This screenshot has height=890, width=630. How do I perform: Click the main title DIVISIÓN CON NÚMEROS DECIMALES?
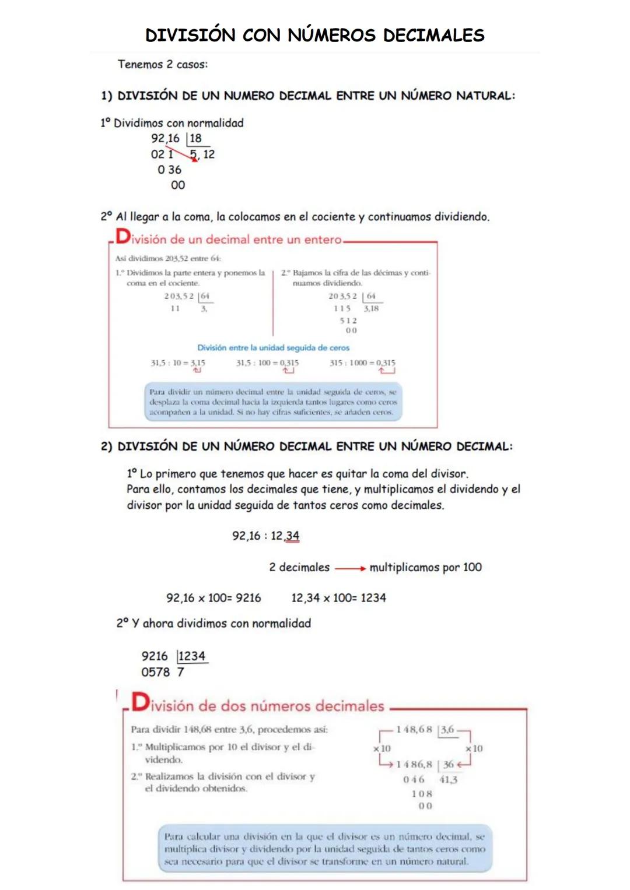[314, 35]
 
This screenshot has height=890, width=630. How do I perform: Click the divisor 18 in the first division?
[196, 139]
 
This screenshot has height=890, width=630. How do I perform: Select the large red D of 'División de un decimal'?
[123, 237]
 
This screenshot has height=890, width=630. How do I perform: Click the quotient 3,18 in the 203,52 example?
[371, 308]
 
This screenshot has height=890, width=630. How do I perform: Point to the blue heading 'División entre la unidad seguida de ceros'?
[273, 348]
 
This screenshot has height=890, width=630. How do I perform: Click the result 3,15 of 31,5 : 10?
[198, 363]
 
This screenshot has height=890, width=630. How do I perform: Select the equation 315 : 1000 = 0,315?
[362, 363]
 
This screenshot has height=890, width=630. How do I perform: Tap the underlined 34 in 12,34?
[292, 536]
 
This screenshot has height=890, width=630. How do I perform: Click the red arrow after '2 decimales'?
[350, 568]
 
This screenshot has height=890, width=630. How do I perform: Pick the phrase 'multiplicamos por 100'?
[425, 567]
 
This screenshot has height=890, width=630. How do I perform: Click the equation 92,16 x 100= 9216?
[213, 598]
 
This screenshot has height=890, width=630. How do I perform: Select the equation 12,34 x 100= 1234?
[338, 598]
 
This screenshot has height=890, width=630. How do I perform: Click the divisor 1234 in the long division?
[192, 656]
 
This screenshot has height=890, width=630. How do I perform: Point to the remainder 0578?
[155, 672]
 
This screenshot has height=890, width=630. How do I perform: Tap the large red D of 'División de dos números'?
[140, 702]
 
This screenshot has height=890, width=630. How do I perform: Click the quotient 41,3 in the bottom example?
[448, 780]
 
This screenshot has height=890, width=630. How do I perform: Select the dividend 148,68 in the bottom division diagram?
[414, 730]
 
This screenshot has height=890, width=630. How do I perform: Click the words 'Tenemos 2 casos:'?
[163, 65]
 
